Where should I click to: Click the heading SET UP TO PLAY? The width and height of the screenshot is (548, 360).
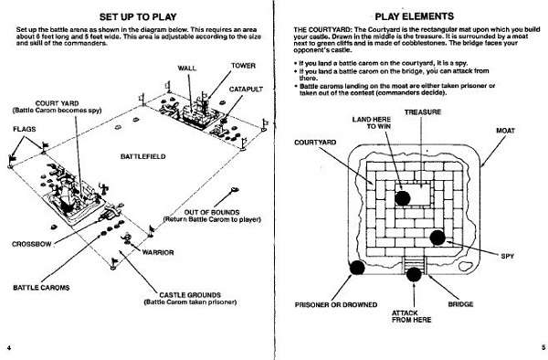click(138, 16)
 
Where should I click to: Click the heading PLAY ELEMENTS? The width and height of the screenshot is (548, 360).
click(414, 16)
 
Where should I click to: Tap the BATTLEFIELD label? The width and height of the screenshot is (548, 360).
click(143, 156)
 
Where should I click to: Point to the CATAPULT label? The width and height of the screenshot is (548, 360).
click(246, 90)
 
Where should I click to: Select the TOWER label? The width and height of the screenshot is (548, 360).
click(243, 66)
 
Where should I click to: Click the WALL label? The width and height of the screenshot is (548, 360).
click(187, 69)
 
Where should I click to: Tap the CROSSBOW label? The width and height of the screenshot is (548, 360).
click(32, 244)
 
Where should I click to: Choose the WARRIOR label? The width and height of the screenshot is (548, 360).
click(158, 253)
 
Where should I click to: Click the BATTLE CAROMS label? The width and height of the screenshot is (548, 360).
click(41, 288)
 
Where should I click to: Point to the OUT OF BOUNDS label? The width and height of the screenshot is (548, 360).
click(212, 213)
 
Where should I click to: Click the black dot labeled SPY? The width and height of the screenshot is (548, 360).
click(437, 238)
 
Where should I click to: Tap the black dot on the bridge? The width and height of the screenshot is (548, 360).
click(414, 274)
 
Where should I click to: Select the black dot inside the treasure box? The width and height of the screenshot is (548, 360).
click(403, 198)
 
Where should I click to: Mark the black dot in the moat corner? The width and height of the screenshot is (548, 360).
click(357, 268)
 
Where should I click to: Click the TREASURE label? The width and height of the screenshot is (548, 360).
click(423, 112)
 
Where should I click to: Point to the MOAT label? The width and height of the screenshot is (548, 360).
click(505, 131)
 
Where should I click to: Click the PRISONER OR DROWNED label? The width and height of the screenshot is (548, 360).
click(336, 305)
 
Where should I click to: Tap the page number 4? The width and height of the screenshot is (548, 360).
click(9, 347)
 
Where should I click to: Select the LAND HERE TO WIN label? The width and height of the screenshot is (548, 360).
click(372, 122)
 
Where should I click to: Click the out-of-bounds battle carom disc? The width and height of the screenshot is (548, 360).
click(235, 190)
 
